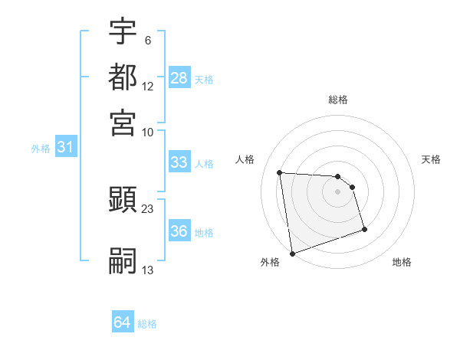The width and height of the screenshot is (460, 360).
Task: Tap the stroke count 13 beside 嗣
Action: coord(148,270)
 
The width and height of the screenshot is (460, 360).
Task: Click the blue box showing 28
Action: coord(179,78)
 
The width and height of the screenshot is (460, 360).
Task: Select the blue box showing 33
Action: coord(179,162)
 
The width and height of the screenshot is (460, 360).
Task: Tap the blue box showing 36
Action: coord(179,232)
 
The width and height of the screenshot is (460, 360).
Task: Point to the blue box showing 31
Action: coord(65,148)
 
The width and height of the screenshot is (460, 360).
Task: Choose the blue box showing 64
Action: coord(123,322)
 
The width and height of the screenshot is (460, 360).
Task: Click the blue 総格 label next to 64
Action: coord(147,324)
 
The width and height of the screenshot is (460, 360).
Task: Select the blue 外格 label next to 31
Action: coord(41,149)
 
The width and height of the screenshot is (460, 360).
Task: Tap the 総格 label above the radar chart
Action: coord(338,100)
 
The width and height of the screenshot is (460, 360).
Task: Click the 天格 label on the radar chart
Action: coord(432,159)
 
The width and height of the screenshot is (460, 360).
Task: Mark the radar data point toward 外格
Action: coord(292,254)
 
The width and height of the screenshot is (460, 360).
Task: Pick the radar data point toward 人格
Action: coord(280,172)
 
